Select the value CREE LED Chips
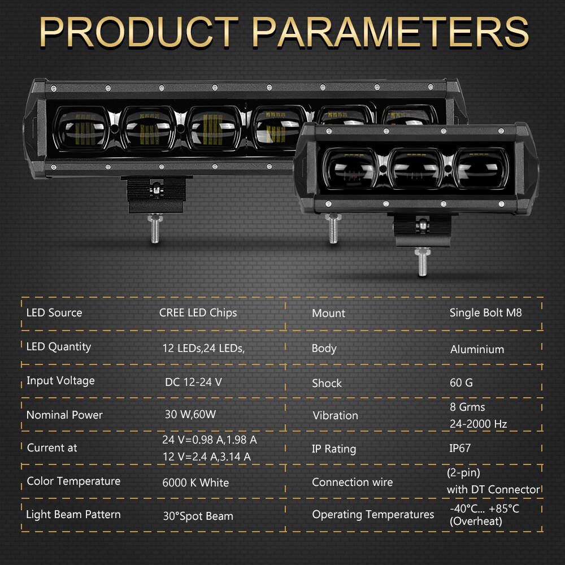(198, 312)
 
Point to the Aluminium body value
(477, 350)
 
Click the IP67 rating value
(460, 448)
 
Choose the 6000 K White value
(195, 483)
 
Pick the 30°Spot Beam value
(198, 516)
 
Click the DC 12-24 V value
(193, 382)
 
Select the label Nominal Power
(64, 415)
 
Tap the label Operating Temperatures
(373, 515)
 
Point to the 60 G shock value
(461, 383)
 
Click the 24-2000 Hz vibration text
(478, 424)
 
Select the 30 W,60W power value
(190, 415)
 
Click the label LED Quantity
(59, 347)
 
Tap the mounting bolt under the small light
(422, 263)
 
